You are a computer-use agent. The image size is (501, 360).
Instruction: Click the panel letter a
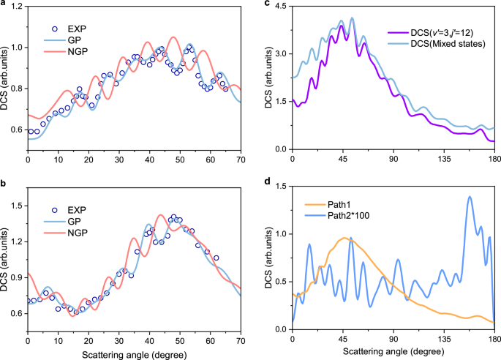[x=4, y=5]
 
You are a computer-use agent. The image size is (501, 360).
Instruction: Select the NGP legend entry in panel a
[x=75, y=53]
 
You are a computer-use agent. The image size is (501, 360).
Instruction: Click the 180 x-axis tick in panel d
[x=495, y=339]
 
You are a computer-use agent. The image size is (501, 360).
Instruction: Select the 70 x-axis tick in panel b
[x=241, y=339]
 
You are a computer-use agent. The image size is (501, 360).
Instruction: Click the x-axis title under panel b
[x=135, y=353]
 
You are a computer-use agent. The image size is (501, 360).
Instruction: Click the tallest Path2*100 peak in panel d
[x=469, y=197]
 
